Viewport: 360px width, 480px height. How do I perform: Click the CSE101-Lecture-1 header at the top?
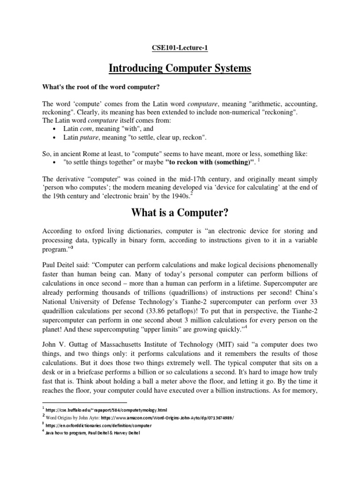(x=180, y=48)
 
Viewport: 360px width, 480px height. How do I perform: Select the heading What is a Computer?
(x=180, y=213)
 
